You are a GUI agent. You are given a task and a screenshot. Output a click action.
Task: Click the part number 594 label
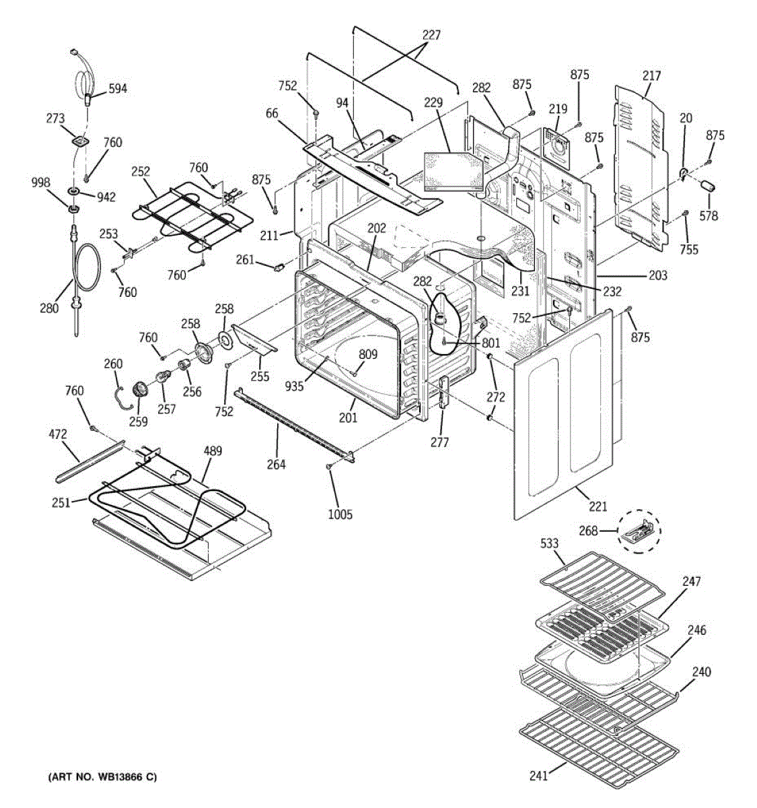(117, 88)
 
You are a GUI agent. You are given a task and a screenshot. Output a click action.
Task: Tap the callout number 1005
(340, 514)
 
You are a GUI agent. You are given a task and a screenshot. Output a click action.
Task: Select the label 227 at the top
(431, 35)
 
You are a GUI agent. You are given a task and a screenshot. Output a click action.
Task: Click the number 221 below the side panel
(598, 506)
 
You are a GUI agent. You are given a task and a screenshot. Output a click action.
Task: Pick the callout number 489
(213, 451)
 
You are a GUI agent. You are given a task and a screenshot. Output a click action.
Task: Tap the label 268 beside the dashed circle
(588, 531)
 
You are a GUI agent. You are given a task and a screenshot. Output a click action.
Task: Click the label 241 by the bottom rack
(538, 776)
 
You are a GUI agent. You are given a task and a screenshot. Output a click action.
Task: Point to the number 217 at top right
(651, 75)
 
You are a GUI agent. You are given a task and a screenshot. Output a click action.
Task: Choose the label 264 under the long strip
(276, 465)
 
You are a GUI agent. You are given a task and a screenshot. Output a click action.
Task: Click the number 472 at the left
(58, 435)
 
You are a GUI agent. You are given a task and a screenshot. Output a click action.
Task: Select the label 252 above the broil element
(140, 171)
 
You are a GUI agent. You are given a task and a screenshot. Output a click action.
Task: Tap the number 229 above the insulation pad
(433, 102)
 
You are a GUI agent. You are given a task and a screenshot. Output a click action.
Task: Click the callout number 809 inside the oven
(367, 354)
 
